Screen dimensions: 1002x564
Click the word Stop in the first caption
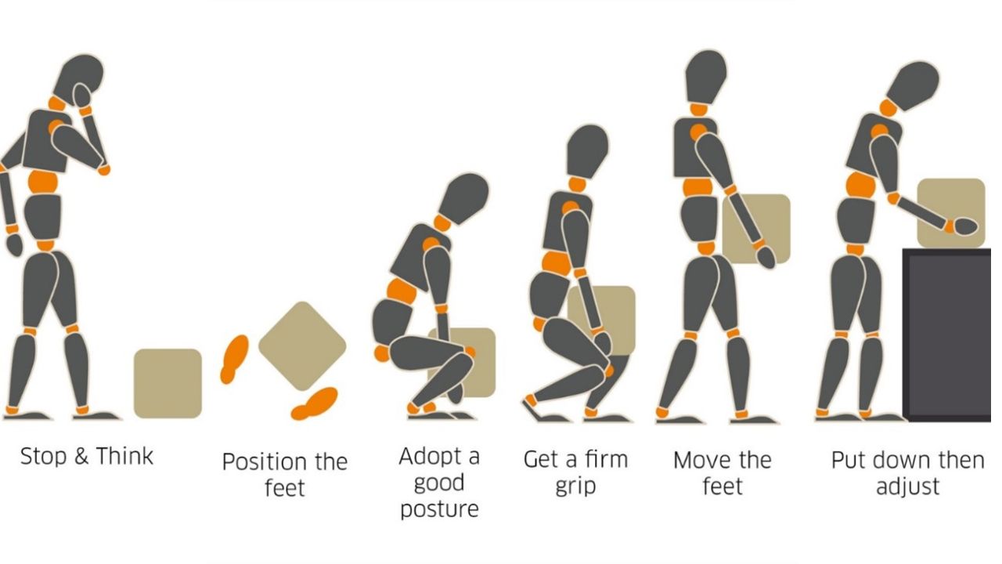(43, 457)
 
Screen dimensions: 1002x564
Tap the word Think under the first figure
(124, 456)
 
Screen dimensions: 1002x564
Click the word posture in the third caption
(439, 510)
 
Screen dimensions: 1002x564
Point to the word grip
(575, 487)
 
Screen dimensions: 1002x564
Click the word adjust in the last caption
(907, 487)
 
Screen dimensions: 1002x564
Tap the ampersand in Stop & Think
(81, 457)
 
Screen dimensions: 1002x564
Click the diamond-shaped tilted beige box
(302, 345)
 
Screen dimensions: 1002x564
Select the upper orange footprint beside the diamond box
(234, 359)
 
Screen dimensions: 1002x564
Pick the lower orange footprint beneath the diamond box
(315, 403)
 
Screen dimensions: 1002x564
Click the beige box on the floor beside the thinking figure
(168, 384)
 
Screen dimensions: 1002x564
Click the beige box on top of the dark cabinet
(951, 213)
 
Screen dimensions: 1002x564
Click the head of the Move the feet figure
(705, 77)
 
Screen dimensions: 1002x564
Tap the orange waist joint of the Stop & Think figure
(43, 183)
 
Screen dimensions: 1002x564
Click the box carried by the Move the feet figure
(756, 229)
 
